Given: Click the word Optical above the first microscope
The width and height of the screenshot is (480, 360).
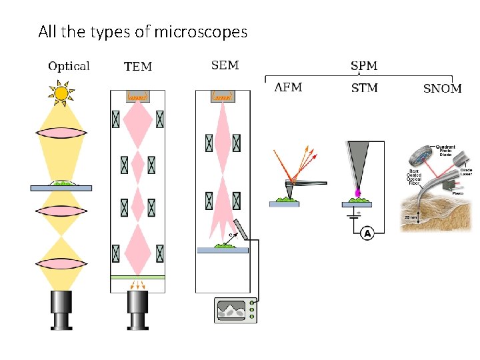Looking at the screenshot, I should [x=69, y=66].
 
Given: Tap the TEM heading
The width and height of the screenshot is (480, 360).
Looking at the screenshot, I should [x=138, y=67].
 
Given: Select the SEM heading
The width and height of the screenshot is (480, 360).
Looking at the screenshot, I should [x=225, y=65].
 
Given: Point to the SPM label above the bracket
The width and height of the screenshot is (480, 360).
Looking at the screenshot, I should [x=364, y=66].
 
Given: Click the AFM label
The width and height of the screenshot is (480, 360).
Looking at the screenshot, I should [x=289, y=87].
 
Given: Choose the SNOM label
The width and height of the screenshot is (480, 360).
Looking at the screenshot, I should [x=442, y=89].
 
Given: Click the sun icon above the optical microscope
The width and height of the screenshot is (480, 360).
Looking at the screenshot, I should [x=61, y=93].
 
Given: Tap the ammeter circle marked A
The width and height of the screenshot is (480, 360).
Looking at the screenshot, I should [x=366, y=233].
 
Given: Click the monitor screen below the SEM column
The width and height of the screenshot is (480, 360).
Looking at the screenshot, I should [x=231, y=310].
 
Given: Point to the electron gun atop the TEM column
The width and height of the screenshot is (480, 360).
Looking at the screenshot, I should [x=138, y=97].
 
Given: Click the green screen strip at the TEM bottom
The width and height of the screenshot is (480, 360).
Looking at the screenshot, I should [x=138, y=276].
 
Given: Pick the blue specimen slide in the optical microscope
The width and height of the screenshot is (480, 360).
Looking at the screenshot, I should [x=61, y=188].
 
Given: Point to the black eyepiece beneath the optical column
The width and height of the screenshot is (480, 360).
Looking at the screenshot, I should [x=61, y=309].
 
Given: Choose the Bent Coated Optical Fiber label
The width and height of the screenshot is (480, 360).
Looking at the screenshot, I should [x=414, y=177].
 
